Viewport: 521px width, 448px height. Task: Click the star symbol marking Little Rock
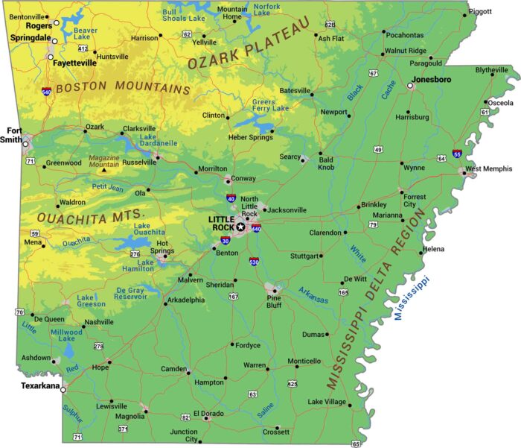coord(240,227)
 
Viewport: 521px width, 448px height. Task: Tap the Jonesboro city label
coord(432,78)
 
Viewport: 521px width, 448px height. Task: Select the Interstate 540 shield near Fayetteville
coord(47,92)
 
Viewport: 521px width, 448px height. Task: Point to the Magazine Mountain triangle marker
coord(104,170)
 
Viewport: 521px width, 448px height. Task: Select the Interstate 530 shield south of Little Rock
coord(254,262)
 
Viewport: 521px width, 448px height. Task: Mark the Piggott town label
coord(480,11)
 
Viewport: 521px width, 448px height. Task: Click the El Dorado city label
coord(208,413)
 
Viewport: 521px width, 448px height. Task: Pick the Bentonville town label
coord(27,16)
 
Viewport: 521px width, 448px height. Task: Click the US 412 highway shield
coord(83,48)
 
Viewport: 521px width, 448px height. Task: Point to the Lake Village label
coord(327,402)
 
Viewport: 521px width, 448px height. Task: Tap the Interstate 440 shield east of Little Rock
coord(256,229)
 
